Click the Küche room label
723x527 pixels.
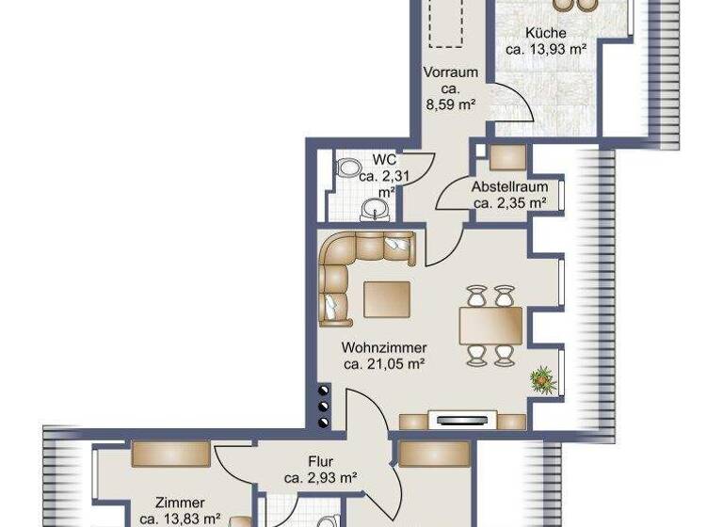pyautogui.click(x=546, y=33)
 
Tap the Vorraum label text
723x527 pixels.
pyautogui.click(x=451, y=72)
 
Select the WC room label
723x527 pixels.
pyautogui.click(x=383, y=159)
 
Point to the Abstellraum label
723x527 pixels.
pyautogui.click(x=509, y=186)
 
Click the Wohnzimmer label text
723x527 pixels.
pyautogui.click(x=385, y=348)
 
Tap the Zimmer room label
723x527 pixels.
pyautogui.click(x=180, y=503)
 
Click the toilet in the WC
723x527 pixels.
pyautogui.click(x=348, y=169)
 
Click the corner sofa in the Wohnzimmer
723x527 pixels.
pyautogui.click(x=353, y=263)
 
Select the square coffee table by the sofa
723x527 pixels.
pyautogui.click(x=388, y=300)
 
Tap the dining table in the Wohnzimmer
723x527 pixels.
pyautogui.click(x=490, y=327)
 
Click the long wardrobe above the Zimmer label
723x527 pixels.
pyautogui.click(x=170, y=454)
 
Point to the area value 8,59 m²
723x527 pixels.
pyautogui.click(x=451, y=104)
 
